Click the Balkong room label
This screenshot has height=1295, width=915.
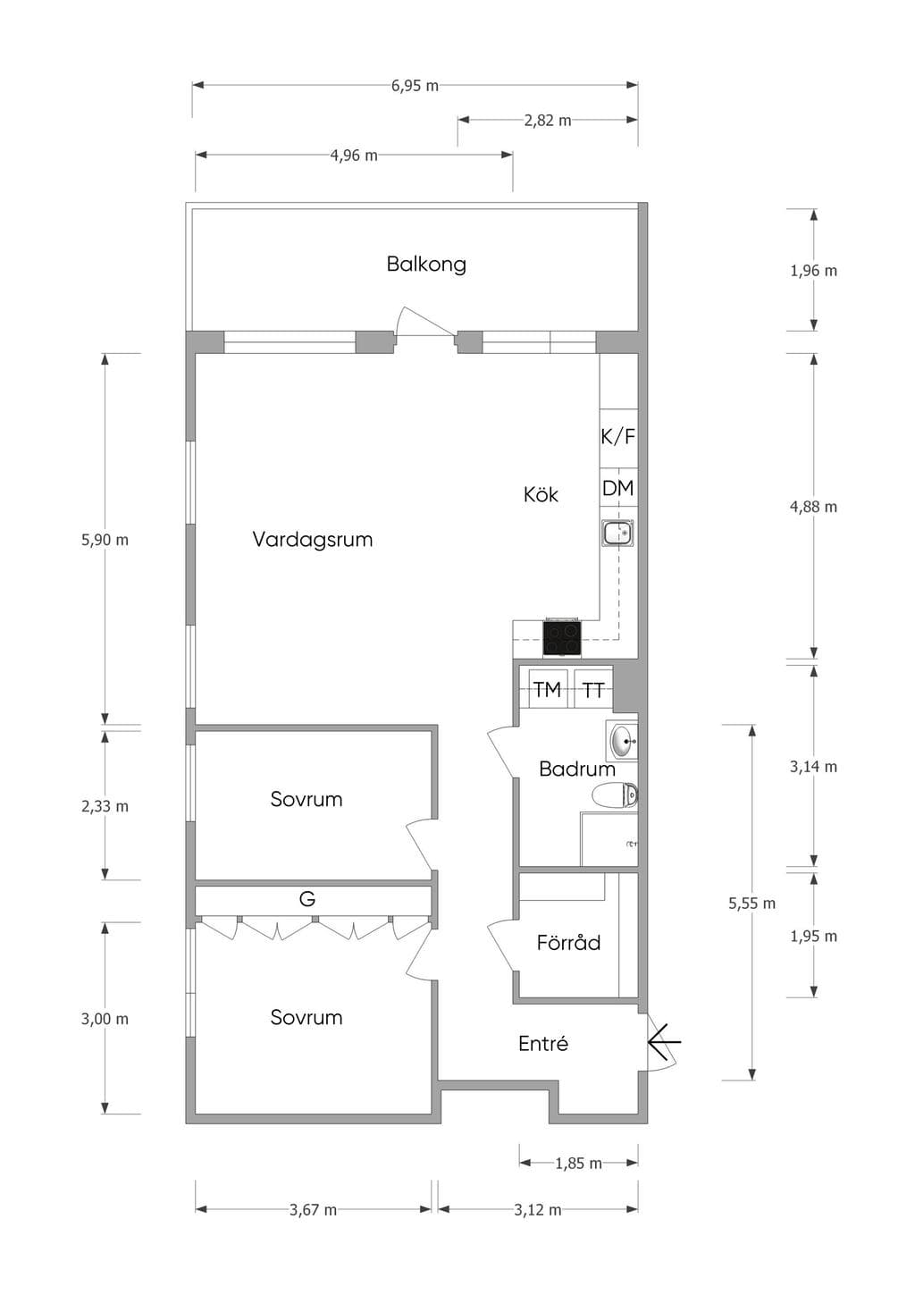(x=426, y=265)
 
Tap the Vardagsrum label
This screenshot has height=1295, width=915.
(x=312, y=540)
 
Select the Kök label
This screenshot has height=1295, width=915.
(x=541, y=494)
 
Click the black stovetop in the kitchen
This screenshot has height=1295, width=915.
(x=561, y=637)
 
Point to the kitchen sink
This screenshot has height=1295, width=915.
(x=618, y=533)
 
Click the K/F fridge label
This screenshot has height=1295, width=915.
(x=618, y=436)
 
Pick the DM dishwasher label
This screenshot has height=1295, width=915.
(x=618, y=488)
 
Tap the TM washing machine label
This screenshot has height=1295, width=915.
(x=547, y=689)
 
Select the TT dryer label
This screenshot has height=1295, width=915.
(x=593, y=690)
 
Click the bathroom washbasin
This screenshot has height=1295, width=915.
(x=623, y=741)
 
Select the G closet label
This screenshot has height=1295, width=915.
(x=306, y=899)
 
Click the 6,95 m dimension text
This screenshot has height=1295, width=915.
(x=415, y=86)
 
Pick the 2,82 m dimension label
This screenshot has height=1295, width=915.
(x=548, y=121)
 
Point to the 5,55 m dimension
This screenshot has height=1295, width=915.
(x=751, y=904)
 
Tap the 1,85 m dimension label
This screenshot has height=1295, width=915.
(x=578, y=1164)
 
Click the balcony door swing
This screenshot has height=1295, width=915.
(x=424, y=322)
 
